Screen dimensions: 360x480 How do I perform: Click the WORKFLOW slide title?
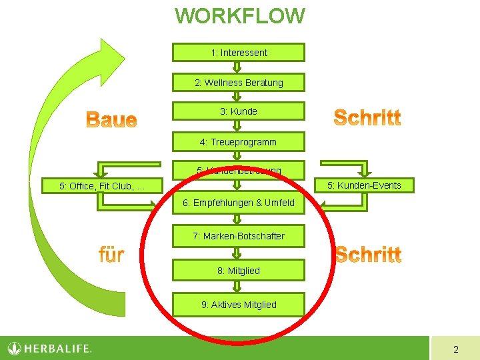239,15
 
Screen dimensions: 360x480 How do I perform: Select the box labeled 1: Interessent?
239,53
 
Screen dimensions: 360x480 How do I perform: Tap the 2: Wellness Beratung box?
239,83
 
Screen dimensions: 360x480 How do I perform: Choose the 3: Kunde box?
239,111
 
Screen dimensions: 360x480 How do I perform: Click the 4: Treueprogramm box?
239,142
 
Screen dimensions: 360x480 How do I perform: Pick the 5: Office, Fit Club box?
103,186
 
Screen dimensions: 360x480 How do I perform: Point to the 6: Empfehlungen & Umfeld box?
239,203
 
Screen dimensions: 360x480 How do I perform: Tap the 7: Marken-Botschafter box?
239,236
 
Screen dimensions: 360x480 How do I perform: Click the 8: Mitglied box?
239,271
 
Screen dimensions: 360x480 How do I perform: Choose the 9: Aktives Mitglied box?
239,305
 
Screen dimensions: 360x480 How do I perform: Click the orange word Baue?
111,121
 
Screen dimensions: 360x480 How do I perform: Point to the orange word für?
111,254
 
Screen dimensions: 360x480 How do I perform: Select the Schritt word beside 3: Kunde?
367,118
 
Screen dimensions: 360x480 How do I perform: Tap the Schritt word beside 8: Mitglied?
368,255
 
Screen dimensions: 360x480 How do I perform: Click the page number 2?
455,349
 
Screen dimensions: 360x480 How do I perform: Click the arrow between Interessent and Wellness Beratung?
237,67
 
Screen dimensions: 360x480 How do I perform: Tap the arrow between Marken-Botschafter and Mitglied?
237,253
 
